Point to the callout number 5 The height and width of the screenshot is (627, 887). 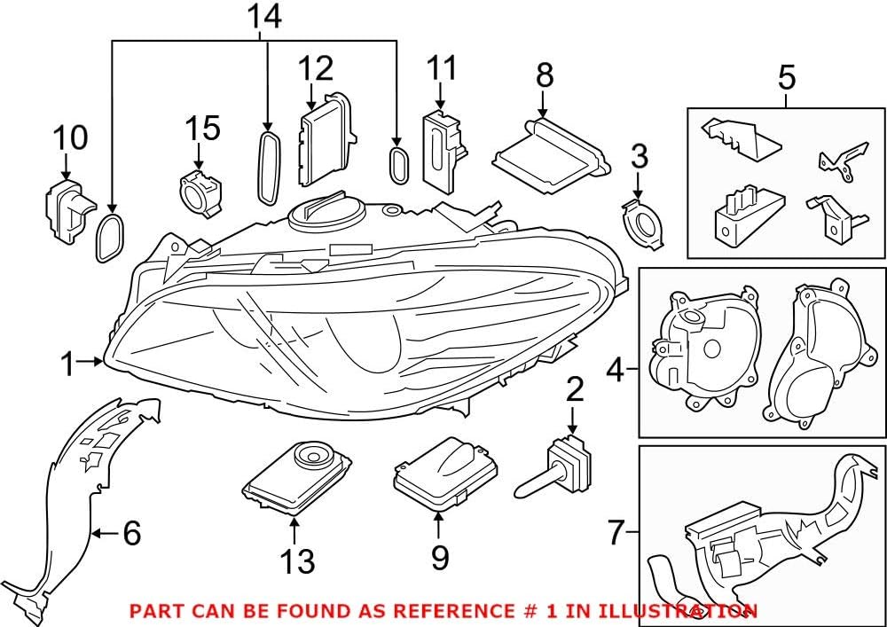tap(786, 78)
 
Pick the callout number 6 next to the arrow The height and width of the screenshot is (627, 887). tap(131, 533)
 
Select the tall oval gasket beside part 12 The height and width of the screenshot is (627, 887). tap(267, 168)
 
